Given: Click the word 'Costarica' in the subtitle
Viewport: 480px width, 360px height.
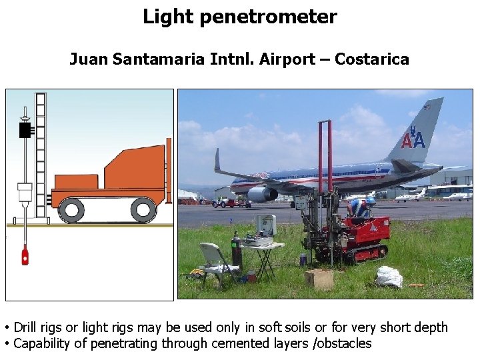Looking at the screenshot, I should (x=372, y=59).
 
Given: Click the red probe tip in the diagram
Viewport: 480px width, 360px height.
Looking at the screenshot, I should (x=25, y=255).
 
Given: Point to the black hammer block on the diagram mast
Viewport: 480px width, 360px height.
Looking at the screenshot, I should (x=26, y=129).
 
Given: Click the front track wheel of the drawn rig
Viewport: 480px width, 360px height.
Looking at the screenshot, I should (x=71, y=210).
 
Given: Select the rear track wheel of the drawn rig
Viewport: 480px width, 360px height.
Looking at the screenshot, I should (x=143, y=210).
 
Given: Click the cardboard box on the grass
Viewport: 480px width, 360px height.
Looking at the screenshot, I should (x=319, y=278).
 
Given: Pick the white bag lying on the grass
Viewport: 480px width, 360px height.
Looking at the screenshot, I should (x=389, y=276).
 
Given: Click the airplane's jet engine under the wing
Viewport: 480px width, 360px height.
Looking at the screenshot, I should (x=262, y=194).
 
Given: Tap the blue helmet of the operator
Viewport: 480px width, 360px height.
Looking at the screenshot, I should (x=371, y=199).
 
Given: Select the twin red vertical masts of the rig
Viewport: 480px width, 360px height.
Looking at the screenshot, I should (x=325, y=160).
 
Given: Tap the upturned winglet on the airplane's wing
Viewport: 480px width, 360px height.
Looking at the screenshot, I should (x=217, y=160).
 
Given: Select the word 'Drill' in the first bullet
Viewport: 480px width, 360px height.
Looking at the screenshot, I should (x=25, y=327).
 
